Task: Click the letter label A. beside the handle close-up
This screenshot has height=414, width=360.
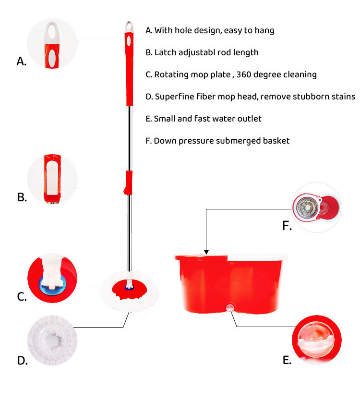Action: (x=21, y=61)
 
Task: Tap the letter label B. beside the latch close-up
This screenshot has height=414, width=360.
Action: (x=22, y=197)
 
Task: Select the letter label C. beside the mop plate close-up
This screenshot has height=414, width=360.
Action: (x=22, y=297)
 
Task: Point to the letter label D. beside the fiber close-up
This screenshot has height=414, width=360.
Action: (x=22, y=360)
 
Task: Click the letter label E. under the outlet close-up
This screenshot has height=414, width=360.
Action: (x=287, y=360)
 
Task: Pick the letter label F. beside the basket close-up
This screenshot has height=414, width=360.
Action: (x=287, y=226)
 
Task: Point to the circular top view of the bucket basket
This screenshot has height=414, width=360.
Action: (x=317, y=207)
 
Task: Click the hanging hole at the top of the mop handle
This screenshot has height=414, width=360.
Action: (x=129, y=25)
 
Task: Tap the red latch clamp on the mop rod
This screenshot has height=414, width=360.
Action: (x=128, y=183)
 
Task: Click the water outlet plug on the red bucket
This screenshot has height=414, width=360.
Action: (x=230, y=307)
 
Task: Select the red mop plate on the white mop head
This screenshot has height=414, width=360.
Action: (x=128, y=288)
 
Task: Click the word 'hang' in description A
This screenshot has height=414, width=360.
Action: (x=264, y=30)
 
